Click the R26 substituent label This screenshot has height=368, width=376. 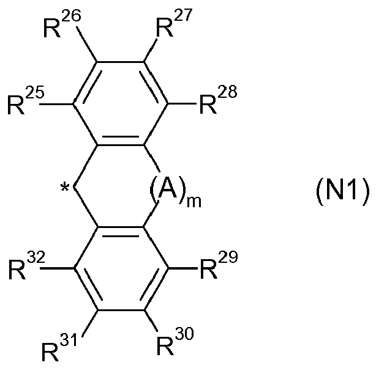point(62,24)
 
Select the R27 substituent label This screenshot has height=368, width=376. point(174,23)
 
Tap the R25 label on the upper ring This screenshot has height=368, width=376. point(26,101)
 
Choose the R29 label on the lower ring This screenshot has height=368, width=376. point(219,265)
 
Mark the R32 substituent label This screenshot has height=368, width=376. point(27,266)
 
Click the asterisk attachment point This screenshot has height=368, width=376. point(65,188)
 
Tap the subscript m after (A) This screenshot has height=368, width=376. point(194,202)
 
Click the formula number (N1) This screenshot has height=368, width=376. point(342,191)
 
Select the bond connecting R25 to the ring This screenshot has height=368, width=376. point(56,104)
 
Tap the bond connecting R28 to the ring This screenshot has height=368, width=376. point(182,104)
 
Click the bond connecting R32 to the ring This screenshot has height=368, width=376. point(58,268)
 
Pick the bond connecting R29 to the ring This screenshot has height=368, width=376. point(182,268)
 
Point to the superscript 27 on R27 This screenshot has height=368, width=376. point(183,16)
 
